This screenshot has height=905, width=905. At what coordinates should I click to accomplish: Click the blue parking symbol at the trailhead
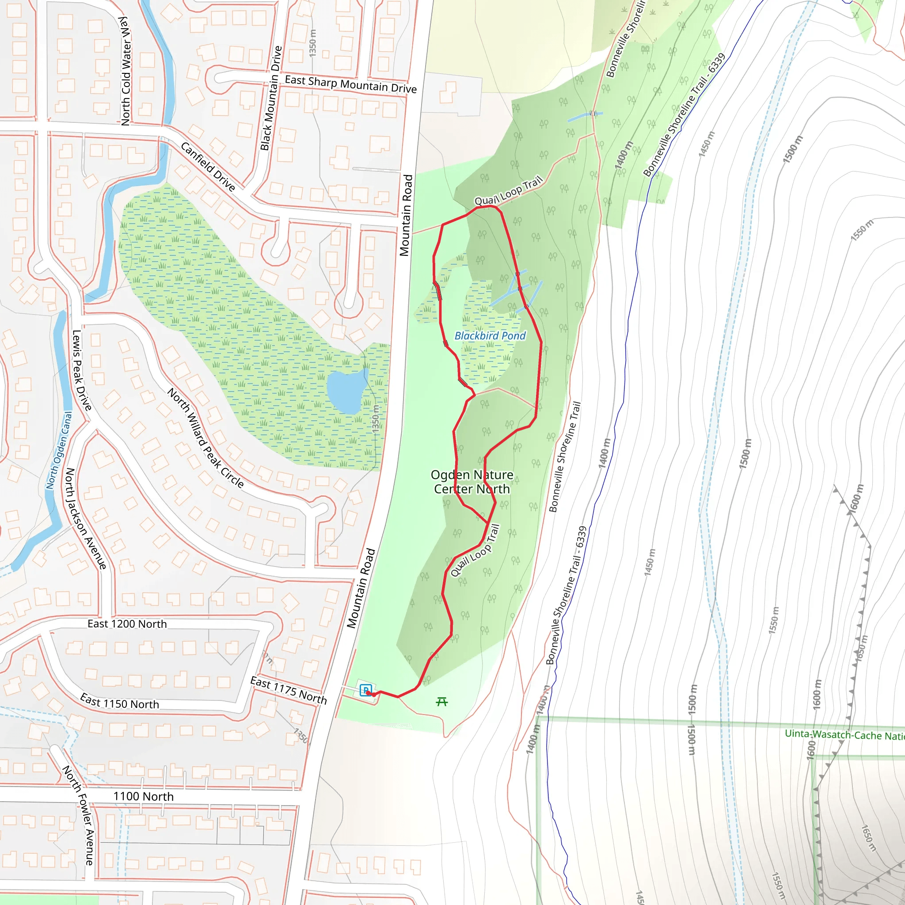366,690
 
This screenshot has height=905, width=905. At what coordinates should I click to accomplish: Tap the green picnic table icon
442,701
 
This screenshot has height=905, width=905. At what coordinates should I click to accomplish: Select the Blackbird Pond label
490,336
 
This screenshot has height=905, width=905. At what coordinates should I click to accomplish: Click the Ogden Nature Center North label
472,482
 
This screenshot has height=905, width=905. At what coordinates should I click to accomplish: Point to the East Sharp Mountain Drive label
350,84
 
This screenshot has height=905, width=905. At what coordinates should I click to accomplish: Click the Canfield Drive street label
208,167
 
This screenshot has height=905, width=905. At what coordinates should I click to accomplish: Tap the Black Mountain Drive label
271,99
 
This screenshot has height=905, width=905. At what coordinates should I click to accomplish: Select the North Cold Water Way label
125,71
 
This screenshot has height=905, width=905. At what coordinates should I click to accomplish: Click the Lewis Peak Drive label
81,370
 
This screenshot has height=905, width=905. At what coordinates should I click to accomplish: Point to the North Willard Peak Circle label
205,438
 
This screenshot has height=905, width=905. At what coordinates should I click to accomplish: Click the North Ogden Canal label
60,450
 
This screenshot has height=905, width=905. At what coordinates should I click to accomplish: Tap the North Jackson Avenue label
86,518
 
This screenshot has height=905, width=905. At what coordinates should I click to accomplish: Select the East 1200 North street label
127,624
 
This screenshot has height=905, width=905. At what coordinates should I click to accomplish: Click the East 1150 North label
119,701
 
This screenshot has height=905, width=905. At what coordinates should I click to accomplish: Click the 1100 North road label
143,796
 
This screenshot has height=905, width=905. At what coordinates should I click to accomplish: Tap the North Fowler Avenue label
79,815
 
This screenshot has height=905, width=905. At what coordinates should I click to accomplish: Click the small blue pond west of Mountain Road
346,392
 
